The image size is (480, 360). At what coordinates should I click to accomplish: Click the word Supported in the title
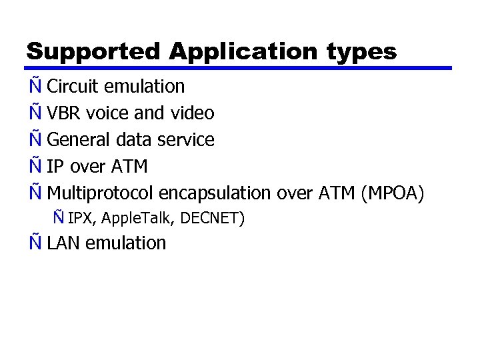tap(93, 51)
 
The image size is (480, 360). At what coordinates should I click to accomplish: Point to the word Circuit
tap(73, 87)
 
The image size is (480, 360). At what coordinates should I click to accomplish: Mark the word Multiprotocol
tap(101, 193)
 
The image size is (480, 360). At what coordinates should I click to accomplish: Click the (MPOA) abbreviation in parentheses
tap(392, 193)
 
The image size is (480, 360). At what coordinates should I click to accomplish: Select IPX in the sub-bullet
tap(79, 217)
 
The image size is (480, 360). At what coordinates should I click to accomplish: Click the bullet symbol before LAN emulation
tap(35, 242)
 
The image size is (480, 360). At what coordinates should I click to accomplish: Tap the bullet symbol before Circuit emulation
tap(35, 85)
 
